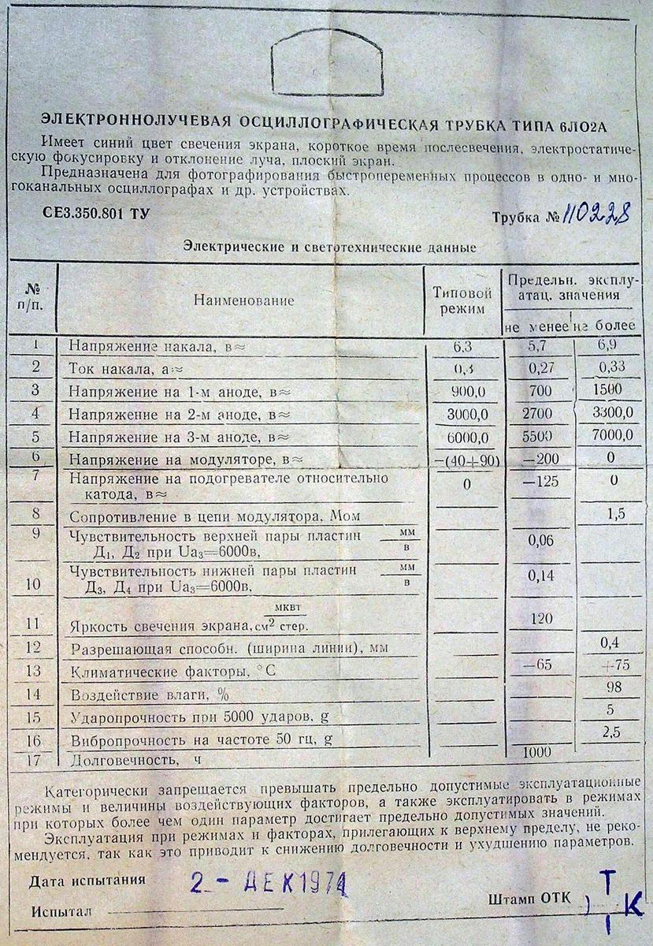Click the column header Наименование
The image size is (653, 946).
tap(242, 300)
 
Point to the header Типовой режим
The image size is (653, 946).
tap(464, 300)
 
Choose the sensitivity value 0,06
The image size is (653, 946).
tap(540, 540)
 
